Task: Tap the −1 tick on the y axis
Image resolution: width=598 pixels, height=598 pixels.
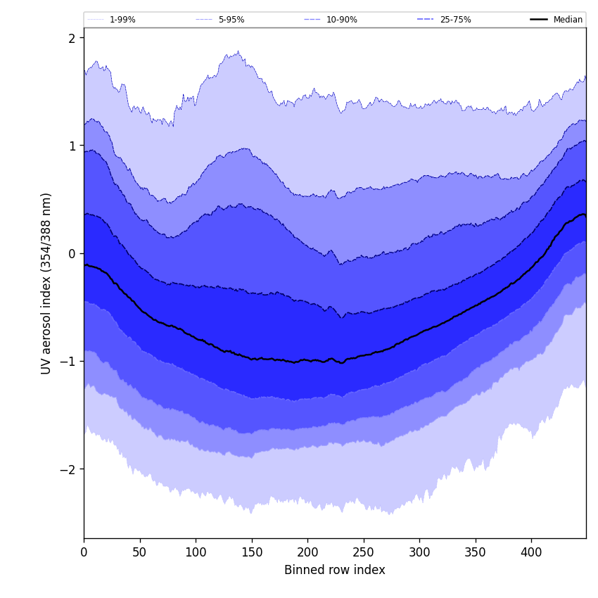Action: coord(68,361)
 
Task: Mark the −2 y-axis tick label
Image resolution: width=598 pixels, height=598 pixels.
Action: coord(68,469)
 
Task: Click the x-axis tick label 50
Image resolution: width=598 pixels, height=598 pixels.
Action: coord(140,552)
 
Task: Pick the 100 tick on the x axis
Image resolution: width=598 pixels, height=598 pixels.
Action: coord(196,552)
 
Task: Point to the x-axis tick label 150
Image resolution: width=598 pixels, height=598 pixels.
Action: coord(252,552)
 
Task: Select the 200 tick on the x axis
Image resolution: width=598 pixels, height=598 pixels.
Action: coord(307,552)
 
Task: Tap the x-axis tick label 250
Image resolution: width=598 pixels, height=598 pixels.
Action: coord(364,552)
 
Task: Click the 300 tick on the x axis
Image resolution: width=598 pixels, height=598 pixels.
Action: coord(419,552)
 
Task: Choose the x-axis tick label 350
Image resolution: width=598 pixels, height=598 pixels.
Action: coord(476,552)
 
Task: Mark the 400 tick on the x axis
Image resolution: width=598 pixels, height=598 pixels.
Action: coord(531,552)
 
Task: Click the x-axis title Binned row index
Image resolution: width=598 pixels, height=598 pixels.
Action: coord(335,570)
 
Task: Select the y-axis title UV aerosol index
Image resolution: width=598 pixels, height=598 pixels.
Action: coord(46,284)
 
